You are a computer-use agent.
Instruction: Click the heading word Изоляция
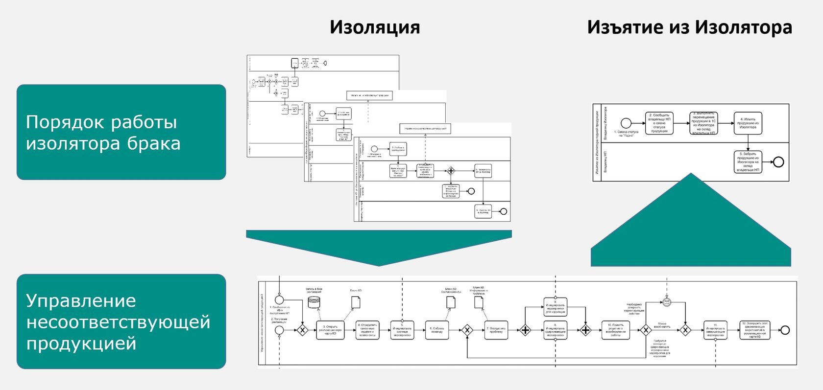[375, 27]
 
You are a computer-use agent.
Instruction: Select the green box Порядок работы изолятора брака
[121, 132]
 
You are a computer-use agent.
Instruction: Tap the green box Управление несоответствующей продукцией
[121, 321]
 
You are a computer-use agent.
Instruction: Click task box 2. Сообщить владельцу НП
[659, 123]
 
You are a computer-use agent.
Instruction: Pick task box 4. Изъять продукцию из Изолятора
[748, 123]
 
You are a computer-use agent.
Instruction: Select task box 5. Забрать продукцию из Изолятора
[748, 162]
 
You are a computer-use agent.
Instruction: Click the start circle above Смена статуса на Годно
[626, 123]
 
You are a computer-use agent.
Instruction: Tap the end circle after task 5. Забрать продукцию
[778, 162]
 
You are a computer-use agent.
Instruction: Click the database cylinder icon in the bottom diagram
[314, 302]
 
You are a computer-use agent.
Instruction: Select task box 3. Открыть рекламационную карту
[330, 330]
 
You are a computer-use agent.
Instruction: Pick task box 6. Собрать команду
[437, 330]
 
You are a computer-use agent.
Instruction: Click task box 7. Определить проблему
[495, 330]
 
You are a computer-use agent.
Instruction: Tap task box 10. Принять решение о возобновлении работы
[615, 330]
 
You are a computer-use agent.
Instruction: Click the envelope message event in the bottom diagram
[666, 302]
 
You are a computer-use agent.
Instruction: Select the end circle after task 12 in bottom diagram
[785, 330]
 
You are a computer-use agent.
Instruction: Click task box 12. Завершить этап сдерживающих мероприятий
[755, 330]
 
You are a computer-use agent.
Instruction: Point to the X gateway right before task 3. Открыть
[302, 330]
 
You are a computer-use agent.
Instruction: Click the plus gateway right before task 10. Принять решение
[585, 330]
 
